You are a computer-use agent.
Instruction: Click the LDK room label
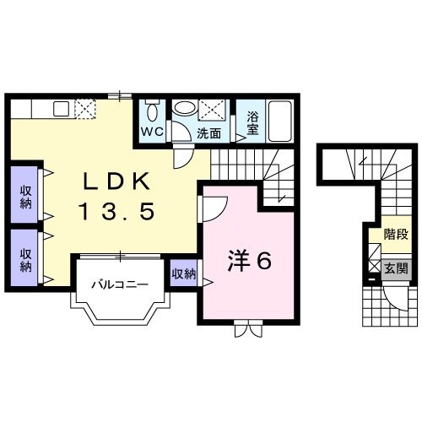point(116,181)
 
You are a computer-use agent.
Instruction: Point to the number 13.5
point(117,212)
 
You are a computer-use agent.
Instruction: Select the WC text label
point(153,133)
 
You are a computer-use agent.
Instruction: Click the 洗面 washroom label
point(209,133)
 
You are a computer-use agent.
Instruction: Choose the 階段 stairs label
point(395,235)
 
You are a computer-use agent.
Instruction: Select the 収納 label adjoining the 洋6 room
point(183,273)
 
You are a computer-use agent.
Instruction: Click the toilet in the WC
point(153,112)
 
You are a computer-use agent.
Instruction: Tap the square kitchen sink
point(61,109)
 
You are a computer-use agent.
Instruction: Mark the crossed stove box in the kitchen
point(87,109)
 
